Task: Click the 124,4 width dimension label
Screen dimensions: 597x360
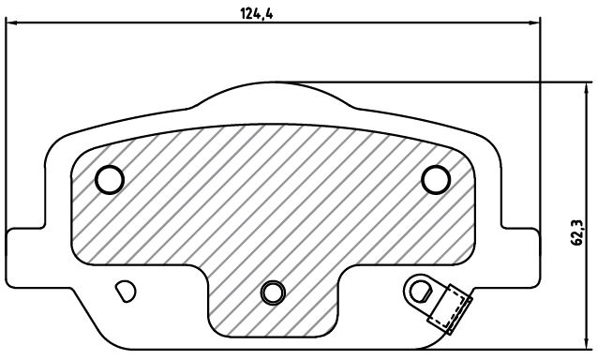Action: pyautogui.click(x=256, y=14)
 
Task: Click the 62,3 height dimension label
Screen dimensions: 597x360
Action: pyautogui.click(x=577, y=232)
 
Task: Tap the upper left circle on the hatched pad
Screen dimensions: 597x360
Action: pyautogui.click(x=110, y=179)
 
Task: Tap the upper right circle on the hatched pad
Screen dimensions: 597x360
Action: pyautogui.click(x=436, y=179)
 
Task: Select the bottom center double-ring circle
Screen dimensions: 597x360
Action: pyautogui.click(x=273, y=292)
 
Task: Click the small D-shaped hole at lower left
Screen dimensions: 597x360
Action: pyautogui.click(x=126, y=292)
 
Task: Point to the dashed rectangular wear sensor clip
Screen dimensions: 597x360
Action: pyautogui.click(x=450, y=309)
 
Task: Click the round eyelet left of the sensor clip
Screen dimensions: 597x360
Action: pyautogui.click(x=419, y=292)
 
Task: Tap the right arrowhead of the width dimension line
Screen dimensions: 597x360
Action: pyautogui.click(x=534, y=23)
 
